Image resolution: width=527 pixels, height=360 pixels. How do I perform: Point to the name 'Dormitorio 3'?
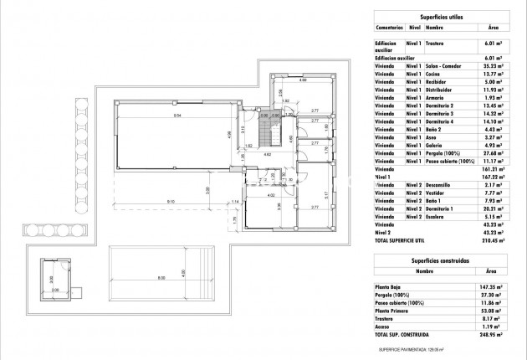[440, 113]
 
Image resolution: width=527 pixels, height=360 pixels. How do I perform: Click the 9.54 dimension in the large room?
[178, 115]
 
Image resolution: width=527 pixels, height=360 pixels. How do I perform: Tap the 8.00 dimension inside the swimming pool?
[160, 278]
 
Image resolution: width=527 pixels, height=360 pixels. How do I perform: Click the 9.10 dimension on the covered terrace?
[170, 202]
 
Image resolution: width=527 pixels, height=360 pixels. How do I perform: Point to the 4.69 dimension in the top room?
[303, 80]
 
